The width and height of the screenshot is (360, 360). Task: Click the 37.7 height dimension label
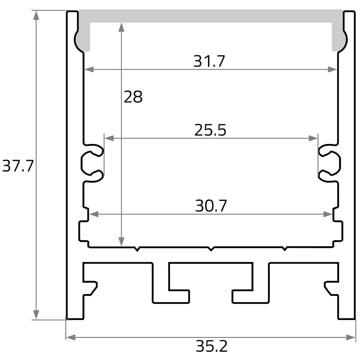coord(18,166)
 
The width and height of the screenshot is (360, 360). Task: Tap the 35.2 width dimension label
coord(211,346)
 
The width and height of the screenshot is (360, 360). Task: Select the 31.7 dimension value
coord(209,61)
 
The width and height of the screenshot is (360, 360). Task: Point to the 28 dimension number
coord(133,96)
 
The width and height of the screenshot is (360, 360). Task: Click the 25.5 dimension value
coord(210,130)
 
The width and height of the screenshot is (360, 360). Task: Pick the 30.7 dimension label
coord(211,206)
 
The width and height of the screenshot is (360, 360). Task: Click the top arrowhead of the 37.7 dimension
coord(36,15)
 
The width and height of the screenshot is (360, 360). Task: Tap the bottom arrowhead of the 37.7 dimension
coord(36,315)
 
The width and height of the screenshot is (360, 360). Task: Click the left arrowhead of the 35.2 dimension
coord(71,337)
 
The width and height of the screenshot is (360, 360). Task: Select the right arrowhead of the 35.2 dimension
coord(351,337)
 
